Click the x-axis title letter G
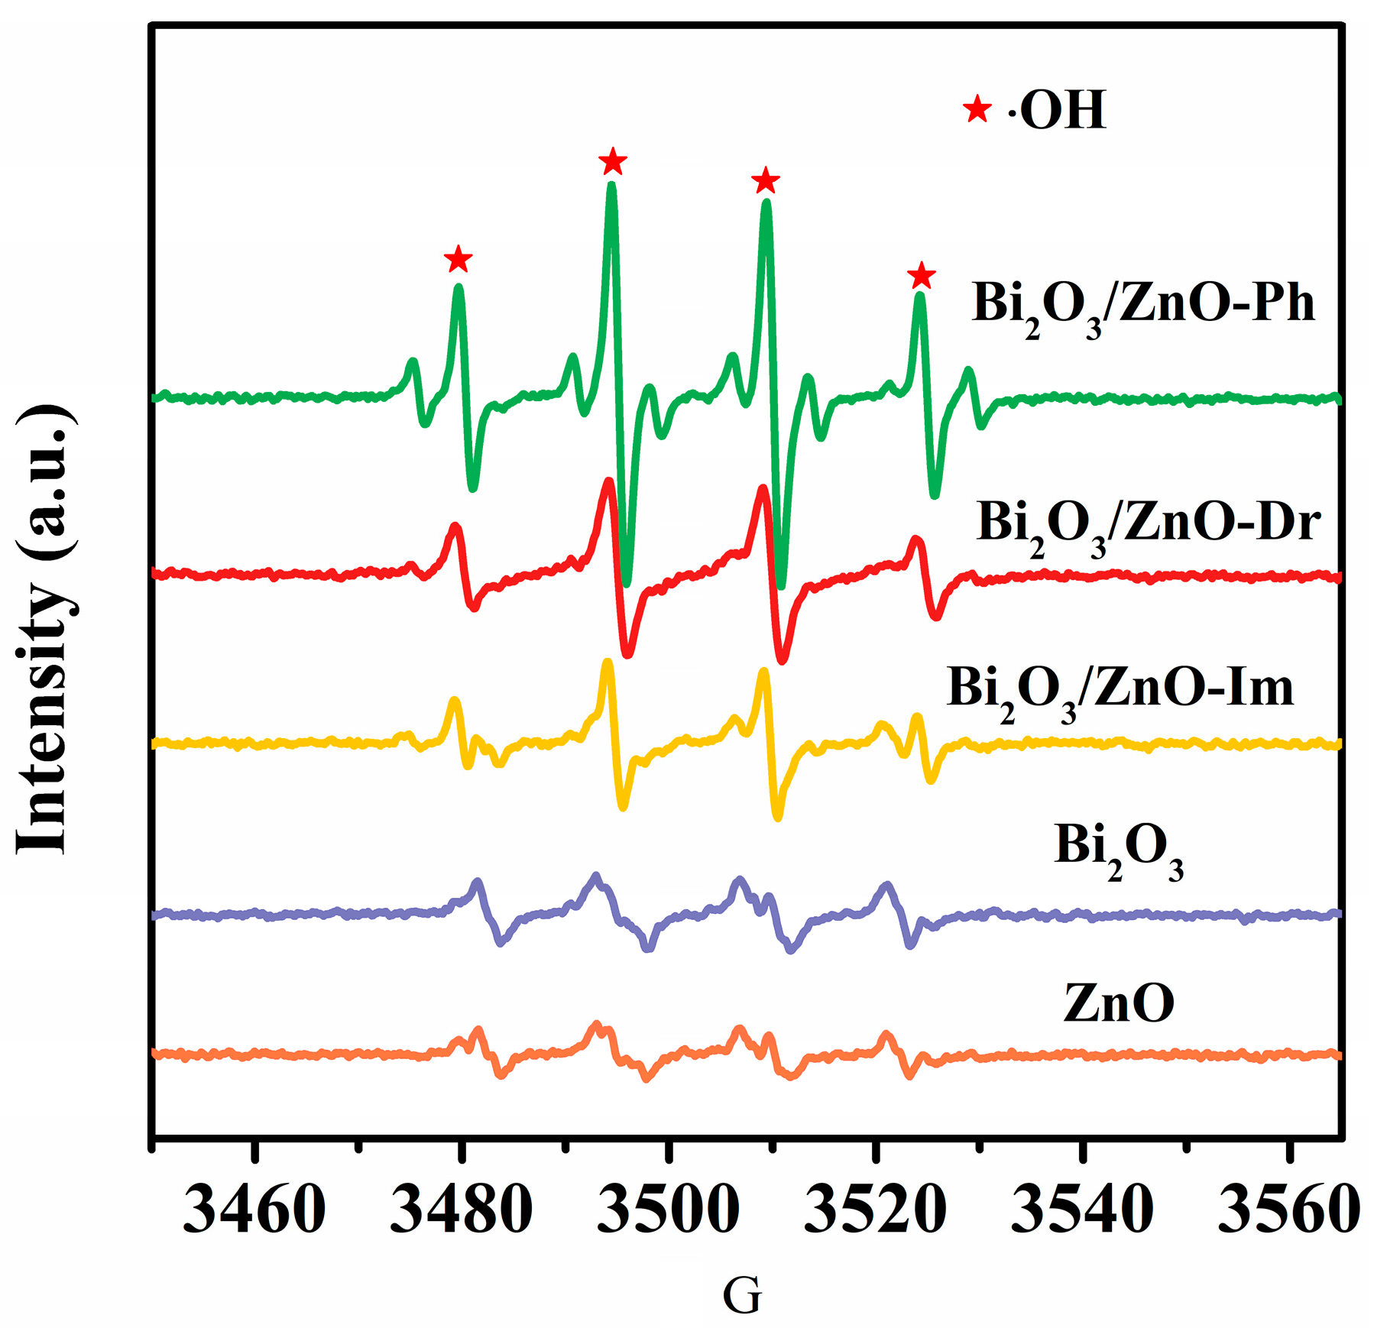(x=741, y=1295)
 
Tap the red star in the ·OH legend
(x=977, y=109)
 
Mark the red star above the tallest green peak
(x=612, y=162)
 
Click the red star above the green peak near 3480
(x=458, y=259)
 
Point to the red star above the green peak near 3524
(x=922, y=276)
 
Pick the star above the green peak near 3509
(x=765, y=182)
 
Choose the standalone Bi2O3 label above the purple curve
(x=1118, y=848)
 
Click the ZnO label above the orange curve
(x=1118, y=1003)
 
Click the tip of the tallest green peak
(x=611, y=186)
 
